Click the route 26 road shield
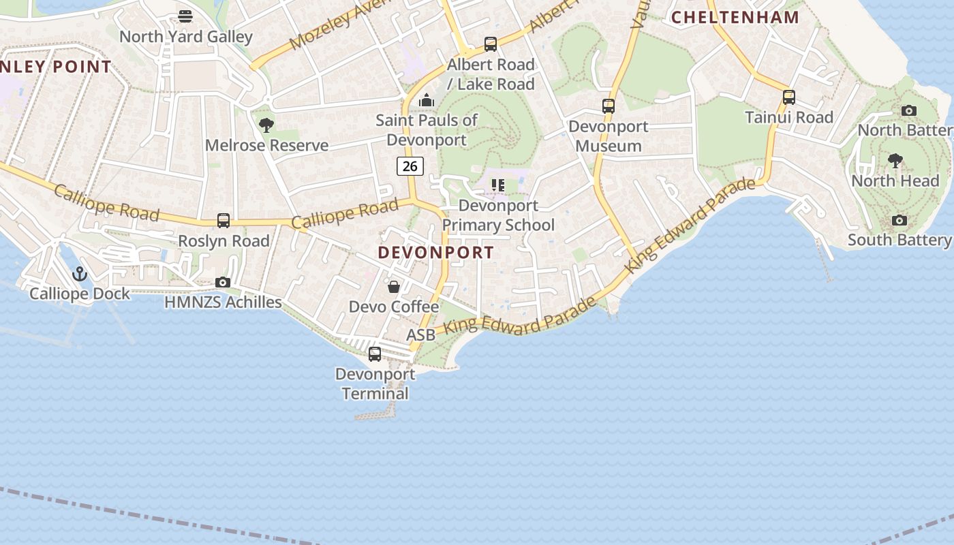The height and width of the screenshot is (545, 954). (410, 166)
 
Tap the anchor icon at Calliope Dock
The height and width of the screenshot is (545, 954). (80, 274)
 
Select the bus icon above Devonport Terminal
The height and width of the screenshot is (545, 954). (375, 354)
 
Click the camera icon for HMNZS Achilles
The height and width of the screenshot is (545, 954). (223, 282)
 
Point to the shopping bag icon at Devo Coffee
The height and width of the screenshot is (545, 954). (394, 287)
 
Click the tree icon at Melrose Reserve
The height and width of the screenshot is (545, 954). (266, 125)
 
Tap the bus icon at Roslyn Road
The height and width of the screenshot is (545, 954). (224, 221)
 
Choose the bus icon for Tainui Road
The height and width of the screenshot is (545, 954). (789, 97)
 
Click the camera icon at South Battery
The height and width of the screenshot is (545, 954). (899, 220)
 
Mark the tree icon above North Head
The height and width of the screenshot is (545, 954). (895, 161)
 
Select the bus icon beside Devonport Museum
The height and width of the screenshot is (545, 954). (609, 106)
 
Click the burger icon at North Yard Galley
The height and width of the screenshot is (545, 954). (185, 16)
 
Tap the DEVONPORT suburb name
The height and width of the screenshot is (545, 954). (436, 252)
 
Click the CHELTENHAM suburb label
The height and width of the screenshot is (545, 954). (735, 18)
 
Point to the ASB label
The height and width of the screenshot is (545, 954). (420, 335)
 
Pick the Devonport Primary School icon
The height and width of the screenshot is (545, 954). (498, 185)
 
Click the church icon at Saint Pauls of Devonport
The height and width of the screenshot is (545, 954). (427, 100)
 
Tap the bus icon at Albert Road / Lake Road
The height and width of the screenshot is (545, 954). (491, 44)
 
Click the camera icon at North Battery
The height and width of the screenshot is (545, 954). (909, 110)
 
